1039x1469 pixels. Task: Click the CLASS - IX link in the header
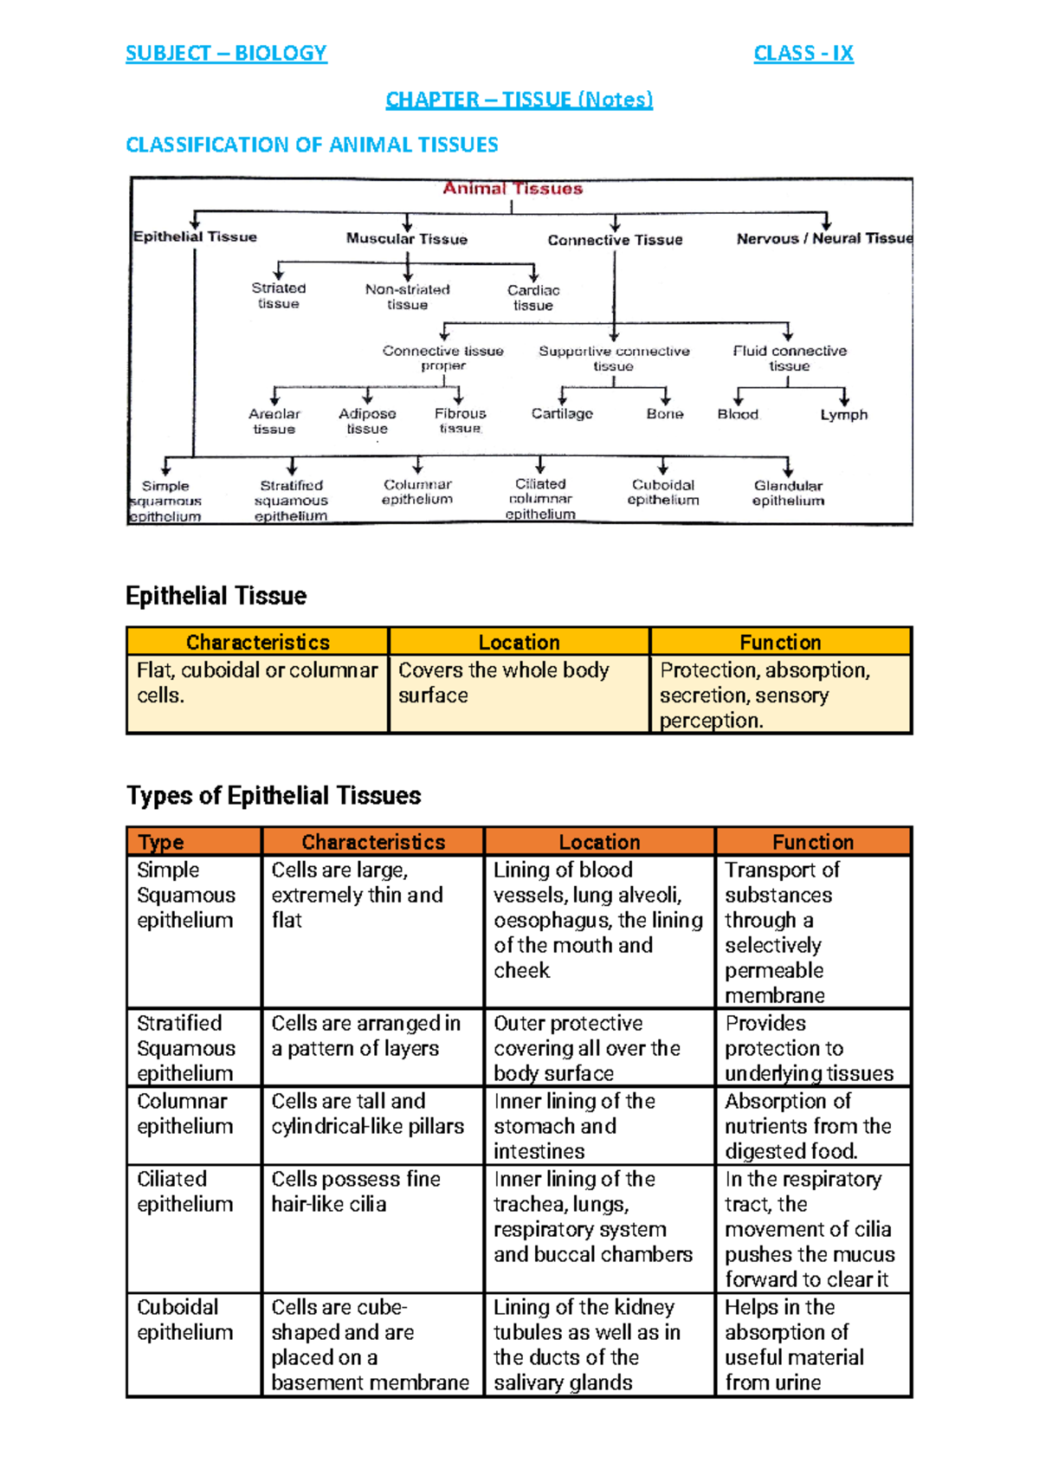[x=803, y=54]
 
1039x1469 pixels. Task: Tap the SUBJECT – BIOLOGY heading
[x=226, y=54]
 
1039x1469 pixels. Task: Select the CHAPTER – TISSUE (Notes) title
[x=519, y=100]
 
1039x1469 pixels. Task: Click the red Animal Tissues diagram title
[x=513, y=189]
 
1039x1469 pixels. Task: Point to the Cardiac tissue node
[x=533, y=297]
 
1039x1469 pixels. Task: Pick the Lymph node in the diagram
[x=843, y=415]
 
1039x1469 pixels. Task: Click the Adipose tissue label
[x=367, y=421]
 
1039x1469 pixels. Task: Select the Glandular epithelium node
[x=788, y=493]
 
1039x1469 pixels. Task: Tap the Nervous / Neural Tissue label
[x=823, y=238]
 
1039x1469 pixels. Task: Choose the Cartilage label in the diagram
[x=562, y=414]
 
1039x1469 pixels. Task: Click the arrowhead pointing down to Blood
[x=739, y=399]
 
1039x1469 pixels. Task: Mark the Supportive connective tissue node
[x=614, y=358]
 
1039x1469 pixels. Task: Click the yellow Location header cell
[x=519, y=642]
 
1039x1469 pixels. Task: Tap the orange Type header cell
[x=194, y=842]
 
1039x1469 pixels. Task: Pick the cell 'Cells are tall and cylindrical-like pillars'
[x=372, y=1114]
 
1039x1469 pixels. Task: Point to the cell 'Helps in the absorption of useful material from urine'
[x=812, y=1344]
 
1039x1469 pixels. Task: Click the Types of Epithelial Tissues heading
[x=274, y=795]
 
